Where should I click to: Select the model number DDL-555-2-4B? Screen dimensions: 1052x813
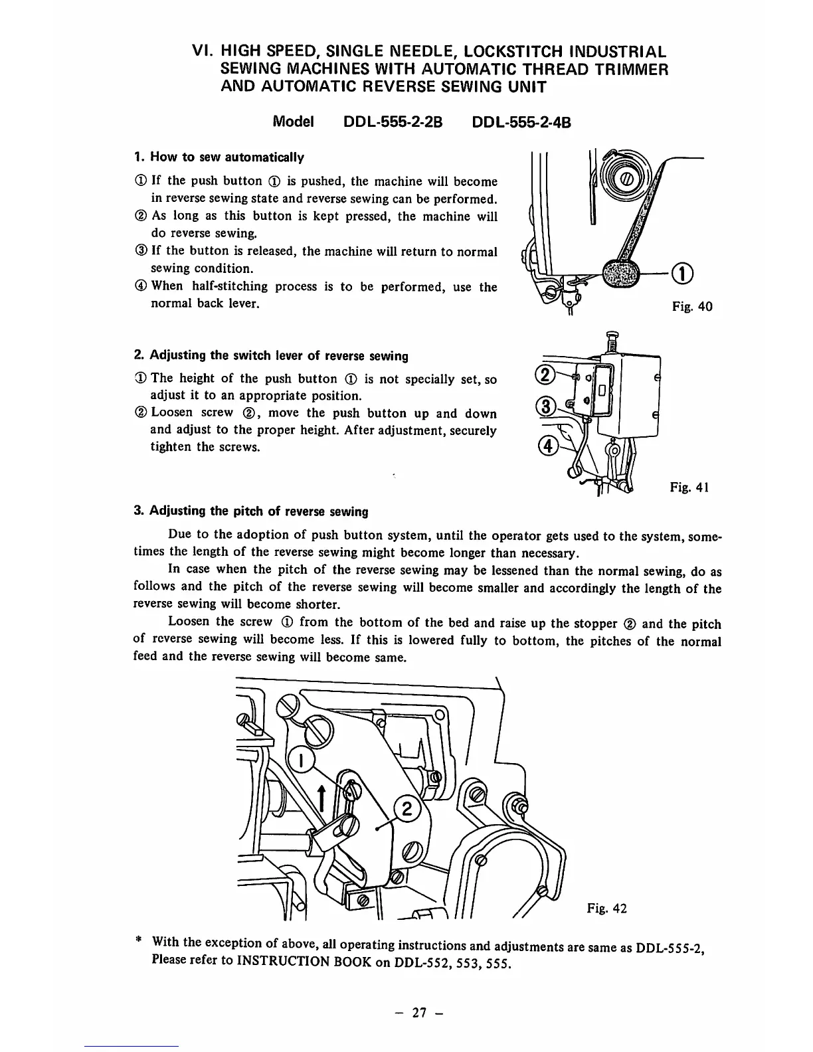point(521,123)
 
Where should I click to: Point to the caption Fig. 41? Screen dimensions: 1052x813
point(691,487)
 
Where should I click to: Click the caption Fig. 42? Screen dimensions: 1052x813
point(606,909)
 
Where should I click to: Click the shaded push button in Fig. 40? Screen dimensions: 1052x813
point(620,272)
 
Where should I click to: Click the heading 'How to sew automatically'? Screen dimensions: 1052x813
point(219,157)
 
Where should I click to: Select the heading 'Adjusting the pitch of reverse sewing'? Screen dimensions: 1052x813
point(251,511)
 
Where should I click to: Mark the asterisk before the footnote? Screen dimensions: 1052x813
point(138,941)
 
